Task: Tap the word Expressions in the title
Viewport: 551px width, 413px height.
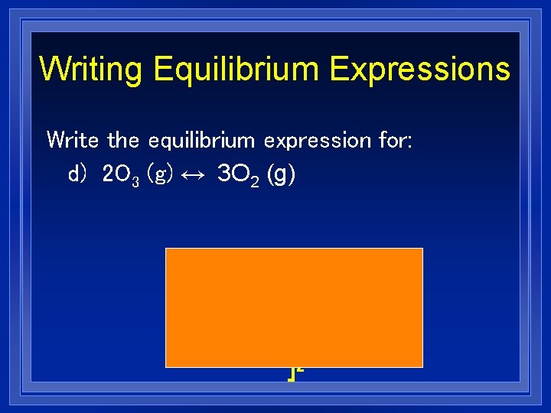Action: click(x=419, y=68)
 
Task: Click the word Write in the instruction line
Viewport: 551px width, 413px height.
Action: click(x=73, y=140)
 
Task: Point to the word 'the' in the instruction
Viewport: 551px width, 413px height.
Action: click(x=124, y=140)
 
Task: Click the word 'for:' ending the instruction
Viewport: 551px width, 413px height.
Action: click(x=395, y=140)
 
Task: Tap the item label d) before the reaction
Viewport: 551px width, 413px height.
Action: click(x=79, y=175)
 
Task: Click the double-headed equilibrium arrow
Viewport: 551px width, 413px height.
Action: click(x=194, y=175)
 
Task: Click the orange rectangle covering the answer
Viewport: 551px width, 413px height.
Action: click(x=294, y=307)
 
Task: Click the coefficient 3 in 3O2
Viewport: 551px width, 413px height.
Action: click(x=223, y=175)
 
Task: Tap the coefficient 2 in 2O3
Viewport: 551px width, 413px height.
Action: click(x=107, y=175)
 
